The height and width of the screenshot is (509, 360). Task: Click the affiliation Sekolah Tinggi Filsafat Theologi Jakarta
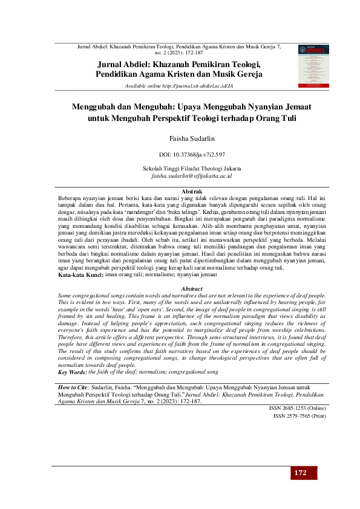pos(191,168)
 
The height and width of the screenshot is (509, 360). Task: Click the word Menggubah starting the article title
pos(97,106)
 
